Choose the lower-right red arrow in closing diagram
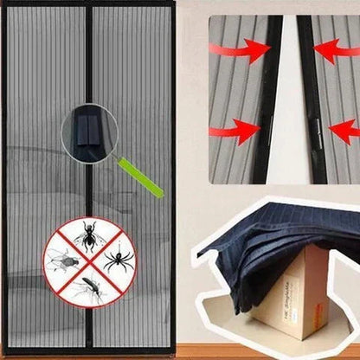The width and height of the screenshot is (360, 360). [x=344, y=132]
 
